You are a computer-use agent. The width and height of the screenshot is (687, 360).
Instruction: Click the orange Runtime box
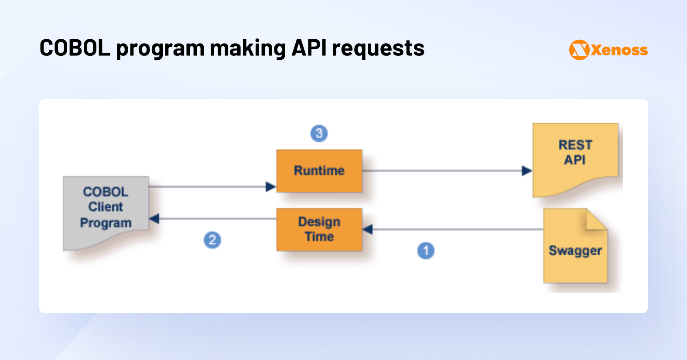[x=319, y=171]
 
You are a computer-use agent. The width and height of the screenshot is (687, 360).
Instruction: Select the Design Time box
[x=319, y=230]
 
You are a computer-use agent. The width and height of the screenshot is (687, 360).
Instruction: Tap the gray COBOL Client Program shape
[x=106, y=209]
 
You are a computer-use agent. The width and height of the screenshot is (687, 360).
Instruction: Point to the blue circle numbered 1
[x=426, y=250]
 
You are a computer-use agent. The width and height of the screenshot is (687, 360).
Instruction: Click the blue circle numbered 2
[x=212, y=240]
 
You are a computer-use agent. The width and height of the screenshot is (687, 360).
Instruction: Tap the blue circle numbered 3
[x=319, y=133]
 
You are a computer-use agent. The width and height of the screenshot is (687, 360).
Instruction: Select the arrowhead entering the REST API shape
[x=527, y=171]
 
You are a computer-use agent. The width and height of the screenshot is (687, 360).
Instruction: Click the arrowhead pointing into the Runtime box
[x=271, y=187]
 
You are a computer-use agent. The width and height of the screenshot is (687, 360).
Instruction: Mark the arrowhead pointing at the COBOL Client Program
[x=154, y=219]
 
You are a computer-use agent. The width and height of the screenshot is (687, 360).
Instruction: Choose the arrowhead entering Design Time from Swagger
[x=368, y=229]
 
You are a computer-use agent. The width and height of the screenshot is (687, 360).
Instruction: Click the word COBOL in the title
[x=75, y=48]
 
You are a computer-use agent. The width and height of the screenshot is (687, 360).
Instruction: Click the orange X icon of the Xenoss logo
[x=579, y=50]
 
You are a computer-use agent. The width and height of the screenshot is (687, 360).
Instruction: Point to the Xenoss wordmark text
[x=619, y=50]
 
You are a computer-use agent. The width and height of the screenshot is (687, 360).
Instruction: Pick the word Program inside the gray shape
[x=106, y=223]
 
